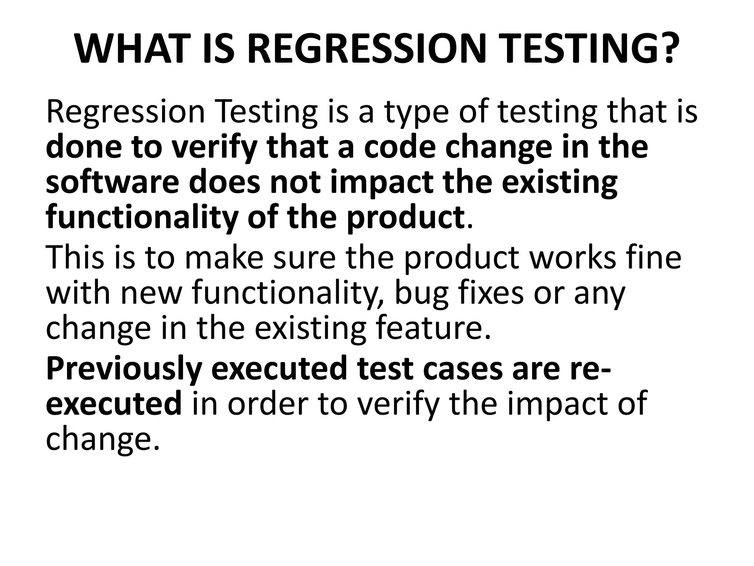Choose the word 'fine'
tap(654, 257)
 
